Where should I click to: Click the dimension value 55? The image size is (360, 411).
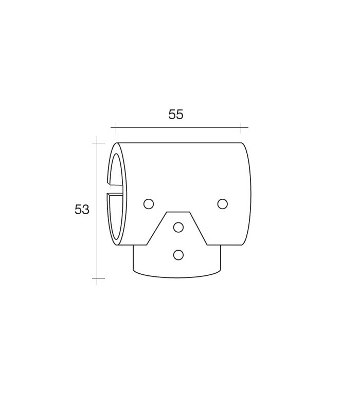coord(175,115)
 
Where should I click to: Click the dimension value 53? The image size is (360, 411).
coord(82,210)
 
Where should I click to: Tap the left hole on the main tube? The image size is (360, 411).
coord(149,204)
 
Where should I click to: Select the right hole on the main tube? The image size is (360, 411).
coord(223,204)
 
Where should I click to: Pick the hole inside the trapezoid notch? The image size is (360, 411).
coord(178,227)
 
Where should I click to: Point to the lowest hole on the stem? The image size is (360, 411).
coord(178,255)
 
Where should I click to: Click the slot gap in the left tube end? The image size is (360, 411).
coord(115,190)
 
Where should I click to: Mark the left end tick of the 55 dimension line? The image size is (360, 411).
coord(116,128)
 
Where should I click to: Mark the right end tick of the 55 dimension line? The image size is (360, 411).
coord(241,128)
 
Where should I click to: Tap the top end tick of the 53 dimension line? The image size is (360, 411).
coord(97,143)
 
